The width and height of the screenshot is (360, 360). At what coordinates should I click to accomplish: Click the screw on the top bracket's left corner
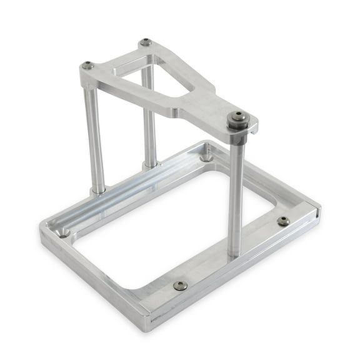pyautogui.click(x=88, y=65)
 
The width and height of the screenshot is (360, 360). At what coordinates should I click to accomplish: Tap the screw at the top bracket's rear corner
pyautogui.click(x=146, y=42)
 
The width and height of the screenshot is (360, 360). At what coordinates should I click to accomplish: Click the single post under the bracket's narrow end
pyautogui.click(x=236, y=194)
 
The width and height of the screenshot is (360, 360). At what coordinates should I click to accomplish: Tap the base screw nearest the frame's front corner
pyautogui.click(x=181, y=285)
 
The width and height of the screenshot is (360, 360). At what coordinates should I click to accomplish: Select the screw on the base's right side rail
pyautogui.click(x=283, y=221)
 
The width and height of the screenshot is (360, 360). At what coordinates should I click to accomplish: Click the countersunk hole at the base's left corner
pyautogui.click(x=64, y=234)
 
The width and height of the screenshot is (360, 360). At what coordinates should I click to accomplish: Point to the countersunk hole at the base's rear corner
pyautogui.click(x=206, y=157)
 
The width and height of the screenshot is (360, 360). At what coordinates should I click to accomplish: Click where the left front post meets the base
pyautogui.click(x=98, y=189)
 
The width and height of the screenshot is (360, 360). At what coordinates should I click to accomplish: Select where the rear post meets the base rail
pyautogui.click(x=150, y=165)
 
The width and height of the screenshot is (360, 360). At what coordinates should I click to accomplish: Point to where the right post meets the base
pyautogui.click(x=236, y=253)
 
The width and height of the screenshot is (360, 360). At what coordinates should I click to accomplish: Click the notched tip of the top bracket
pyautogui.click(x=254, y=128)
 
